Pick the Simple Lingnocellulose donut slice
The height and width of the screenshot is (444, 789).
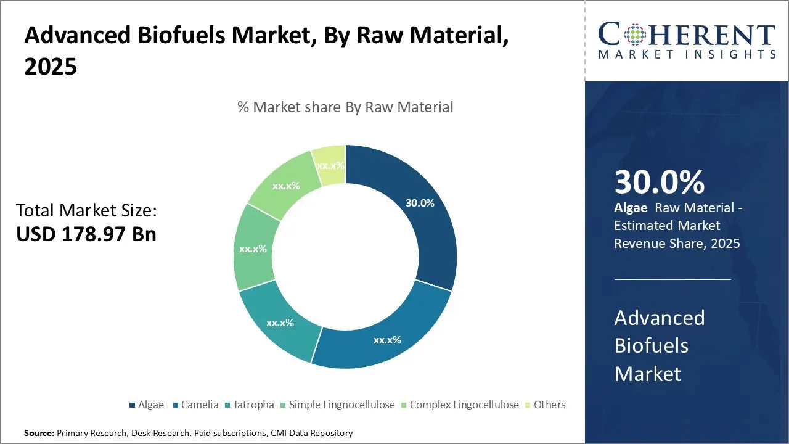click(x=253, y=249)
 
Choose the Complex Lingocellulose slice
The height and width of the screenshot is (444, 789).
click(x=285, y=185)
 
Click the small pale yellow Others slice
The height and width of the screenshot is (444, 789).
click(x=329, y=166)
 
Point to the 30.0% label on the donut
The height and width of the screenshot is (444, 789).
click(x=420, y=203)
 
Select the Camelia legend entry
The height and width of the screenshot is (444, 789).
click(x=196, y=405)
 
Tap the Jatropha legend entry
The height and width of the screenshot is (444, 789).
click(x=249, y=405)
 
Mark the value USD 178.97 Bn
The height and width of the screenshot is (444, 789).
click(x=86, y=234)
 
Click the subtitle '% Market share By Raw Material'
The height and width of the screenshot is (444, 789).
click(x=345, y=107)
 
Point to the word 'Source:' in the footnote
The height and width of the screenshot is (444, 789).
click(x=39, y=434)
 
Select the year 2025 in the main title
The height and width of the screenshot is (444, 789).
click(x=51, y=67)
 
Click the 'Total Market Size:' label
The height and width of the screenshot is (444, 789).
click(x=86, y=211)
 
